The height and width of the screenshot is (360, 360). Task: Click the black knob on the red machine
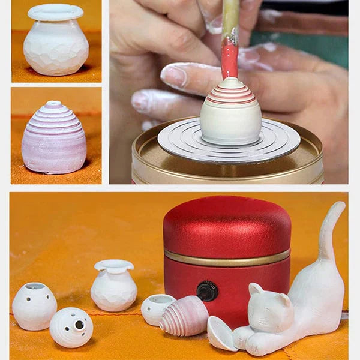click(x=208, y=291)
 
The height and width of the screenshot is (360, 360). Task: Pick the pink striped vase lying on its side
click(x=184, y=316)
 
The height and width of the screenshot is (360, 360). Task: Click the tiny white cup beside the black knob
click(x=158, y=309)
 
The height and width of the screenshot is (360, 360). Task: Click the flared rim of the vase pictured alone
click(x=55, y=12)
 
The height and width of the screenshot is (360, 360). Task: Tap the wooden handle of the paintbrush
click(x=230, y=18)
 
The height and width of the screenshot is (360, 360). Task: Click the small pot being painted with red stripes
click(x=230, y=114)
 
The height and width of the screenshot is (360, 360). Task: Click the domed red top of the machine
click(x=227, y=222)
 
